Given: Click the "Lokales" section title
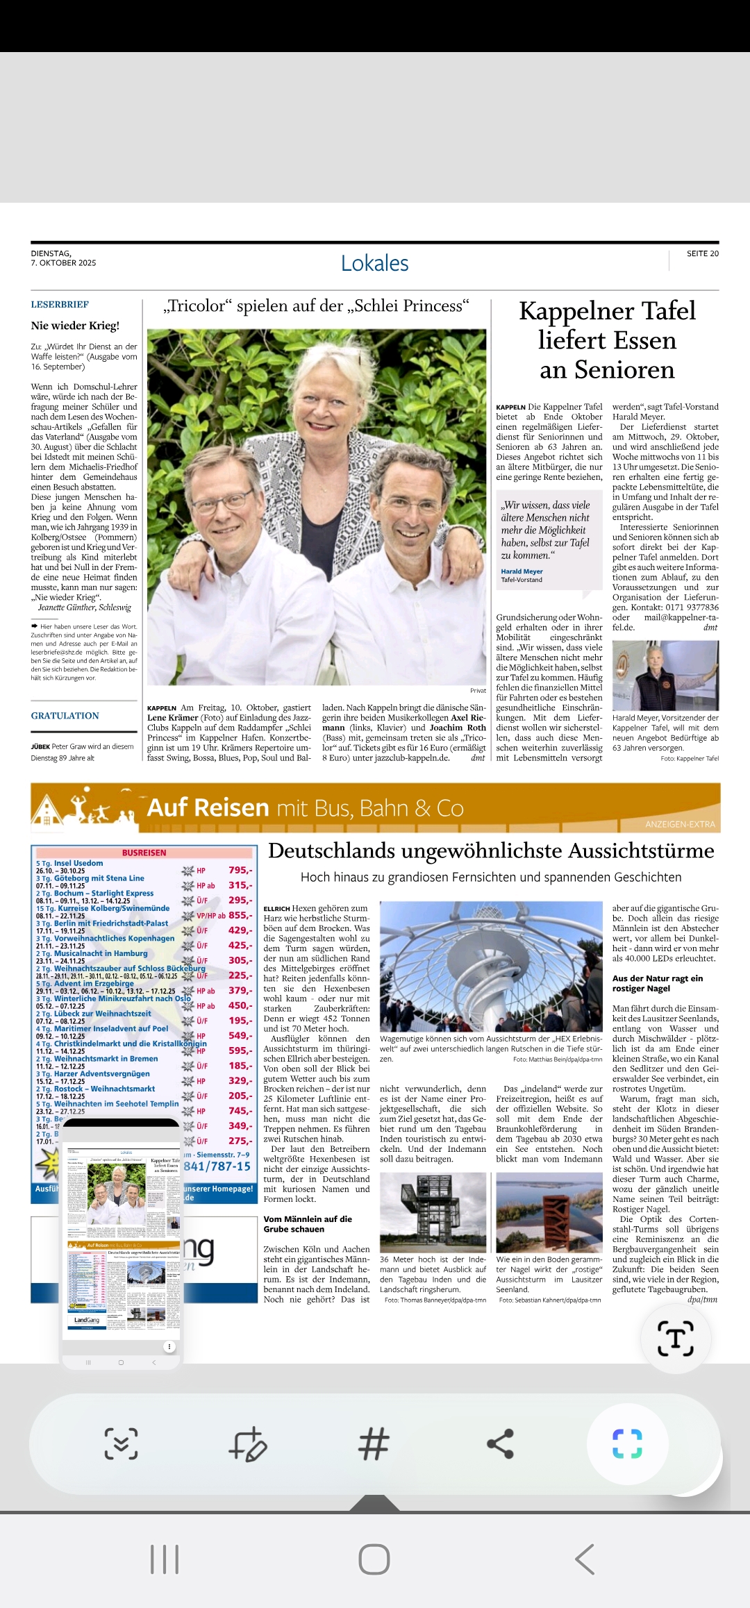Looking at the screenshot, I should pos(374,264).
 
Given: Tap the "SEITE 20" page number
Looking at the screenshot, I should pos(702,254).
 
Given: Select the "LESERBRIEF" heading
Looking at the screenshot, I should pos(60,305).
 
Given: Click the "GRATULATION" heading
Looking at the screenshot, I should pos(65,716).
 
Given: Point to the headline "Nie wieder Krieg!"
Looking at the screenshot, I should pos(75,326).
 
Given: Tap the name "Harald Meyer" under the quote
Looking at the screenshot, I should pos(522,571).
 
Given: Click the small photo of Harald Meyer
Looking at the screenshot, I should pos(665,675).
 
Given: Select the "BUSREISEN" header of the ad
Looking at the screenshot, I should pos(144,853).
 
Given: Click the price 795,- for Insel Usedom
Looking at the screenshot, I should pos(240,870).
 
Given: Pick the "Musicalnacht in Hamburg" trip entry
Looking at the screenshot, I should pos(101,953).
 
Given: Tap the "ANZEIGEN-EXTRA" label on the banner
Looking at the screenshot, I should pos(680,824).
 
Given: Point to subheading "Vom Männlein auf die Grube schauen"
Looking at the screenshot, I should pos(308,1224).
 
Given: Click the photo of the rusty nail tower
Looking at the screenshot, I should pos(549,1212).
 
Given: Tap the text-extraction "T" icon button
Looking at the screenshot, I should pos(675,1338).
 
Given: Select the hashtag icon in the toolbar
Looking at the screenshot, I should pos(374,1443).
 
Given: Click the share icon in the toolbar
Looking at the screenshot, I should pos(500,1443).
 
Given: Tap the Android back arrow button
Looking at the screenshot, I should pos(585,1559).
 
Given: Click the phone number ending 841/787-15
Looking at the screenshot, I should pos(217,1166).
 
